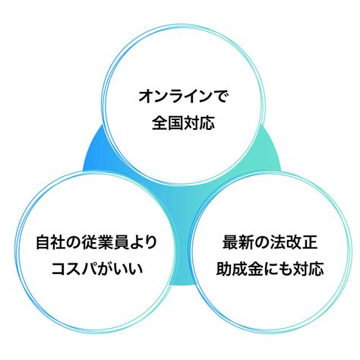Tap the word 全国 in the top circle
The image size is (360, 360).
(167, 123)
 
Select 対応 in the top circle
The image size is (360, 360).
(199, 123)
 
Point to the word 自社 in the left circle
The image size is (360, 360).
(52, 242)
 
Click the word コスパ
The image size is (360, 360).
(74, 268)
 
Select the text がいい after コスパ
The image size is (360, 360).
(119, 268)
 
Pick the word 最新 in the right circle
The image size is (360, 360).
(238, 242)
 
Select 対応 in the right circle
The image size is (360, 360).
(308, 268)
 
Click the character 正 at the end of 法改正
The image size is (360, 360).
(310, 242)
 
